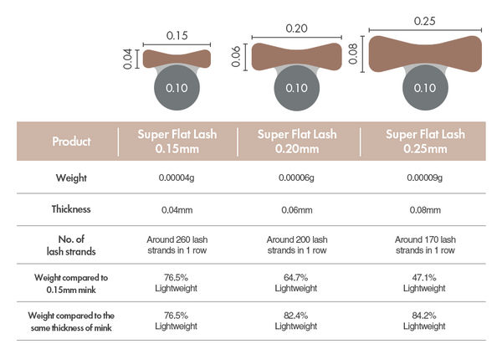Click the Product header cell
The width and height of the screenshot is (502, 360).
click(x=71, y=141)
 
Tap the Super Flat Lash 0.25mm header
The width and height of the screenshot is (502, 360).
click(x=425, y=141)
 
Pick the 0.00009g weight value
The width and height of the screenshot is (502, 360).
click(x=425, y=177)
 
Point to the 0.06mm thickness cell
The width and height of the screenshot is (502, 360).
click(x=296, y=210)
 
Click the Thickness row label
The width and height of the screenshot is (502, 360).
click(x=71, y=210)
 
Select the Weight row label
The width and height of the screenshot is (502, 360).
click(x=71, y=177)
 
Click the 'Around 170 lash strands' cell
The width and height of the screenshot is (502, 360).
click(x=425, y=244)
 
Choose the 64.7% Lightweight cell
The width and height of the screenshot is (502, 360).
click(x=296, y=282)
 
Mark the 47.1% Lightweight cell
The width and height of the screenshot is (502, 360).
click(x=425, y=282)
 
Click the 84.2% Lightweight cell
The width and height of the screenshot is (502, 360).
click(x=425, y=320)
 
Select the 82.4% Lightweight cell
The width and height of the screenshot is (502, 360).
click(x=296, y=320)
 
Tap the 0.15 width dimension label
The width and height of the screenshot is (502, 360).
click(x=177, y=35)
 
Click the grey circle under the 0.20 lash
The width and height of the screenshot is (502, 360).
click(x=296, y=87)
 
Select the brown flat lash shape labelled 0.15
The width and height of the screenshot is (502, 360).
click(x=177, y=59)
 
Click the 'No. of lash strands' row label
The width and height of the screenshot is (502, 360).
click(x=71, y=244)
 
